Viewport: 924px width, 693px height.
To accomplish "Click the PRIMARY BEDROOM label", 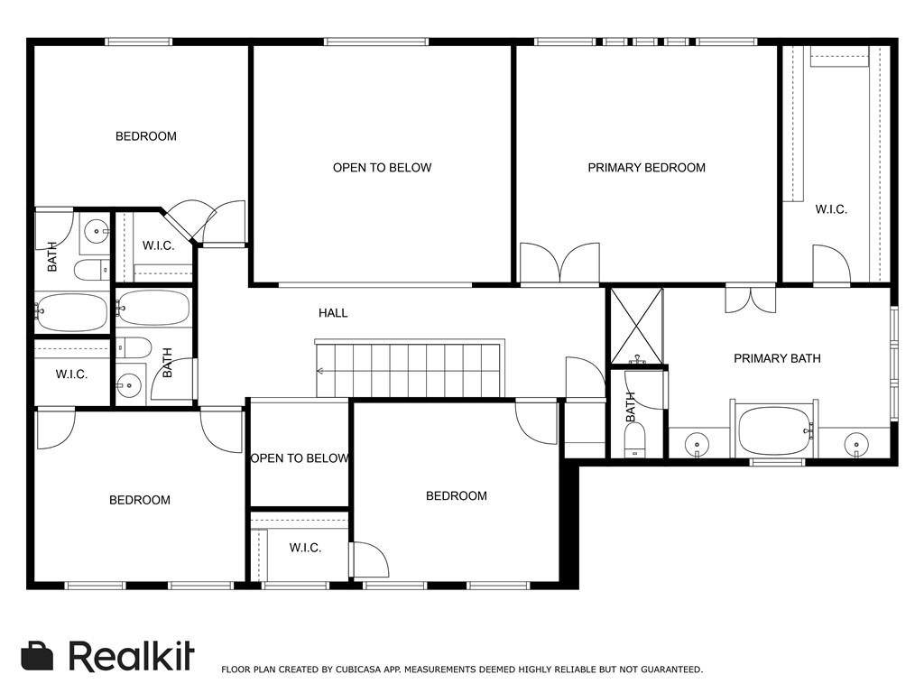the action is pyautogui.click(x=646, y=168).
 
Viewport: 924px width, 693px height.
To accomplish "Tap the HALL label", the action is pyautogui.click(x=333, y=313).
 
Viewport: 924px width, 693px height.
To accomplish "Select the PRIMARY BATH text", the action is pyautogui.click(x=777, y=358).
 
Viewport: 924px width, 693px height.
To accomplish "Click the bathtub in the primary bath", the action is pyautogui.click(x=773, y=430).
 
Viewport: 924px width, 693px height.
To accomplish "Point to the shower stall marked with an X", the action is pyautogui.click(x=636, y=326).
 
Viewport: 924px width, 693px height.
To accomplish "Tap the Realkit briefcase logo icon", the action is pyautogui.click(x=37, y=656).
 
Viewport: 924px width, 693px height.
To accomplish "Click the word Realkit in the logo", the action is pyautogui.click(x=131, y=655).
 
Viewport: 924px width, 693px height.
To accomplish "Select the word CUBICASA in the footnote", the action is pyautogui.click(x=358, y=670).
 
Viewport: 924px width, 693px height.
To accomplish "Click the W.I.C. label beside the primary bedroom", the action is pyautogui.click(x=831, y=209).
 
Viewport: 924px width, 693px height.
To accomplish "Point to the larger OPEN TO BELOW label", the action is pyautogui.click(x=382, y=168).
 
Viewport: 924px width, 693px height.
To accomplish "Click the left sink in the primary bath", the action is pyautogui.click(x=698, y=443).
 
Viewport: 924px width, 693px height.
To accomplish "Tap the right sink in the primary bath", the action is pyautogui.click(x=855, y=443).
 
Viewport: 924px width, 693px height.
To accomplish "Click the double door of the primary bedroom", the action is pyautogui.click(x=559, y=263).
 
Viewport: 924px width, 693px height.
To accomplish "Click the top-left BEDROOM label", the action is pyautogui.click(x=145, y=137).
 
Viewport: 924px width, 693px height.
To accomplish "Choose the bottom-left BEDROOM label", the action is pyautogui.click(x=140, y=500).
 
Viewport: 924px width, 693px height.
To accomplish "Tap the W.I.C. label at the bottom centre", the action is pyautogui.click(x=305, y=548).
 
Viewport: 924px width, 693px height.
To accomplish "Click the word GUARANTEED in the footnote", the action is pyautogui.click(x=671, y=670).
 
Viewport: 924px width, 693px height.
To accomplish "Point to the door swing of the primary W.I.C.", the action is pyautogui.click(x=831, y=264).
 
